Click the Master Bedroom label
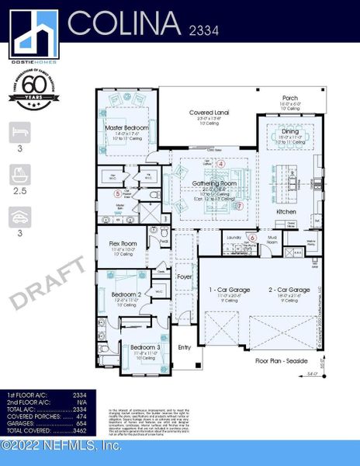click(126, 127)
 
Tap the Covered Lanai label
click(206, 113)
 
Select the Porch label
click(289, 98)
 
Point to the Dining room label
click(279, 132)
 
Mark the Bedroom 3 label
click(146, 347)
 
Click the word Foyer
click(184, 275)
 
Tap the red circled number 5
click(118, 193)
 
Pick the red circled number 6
click(252, 237)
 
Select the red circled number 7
click(240, 206)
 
